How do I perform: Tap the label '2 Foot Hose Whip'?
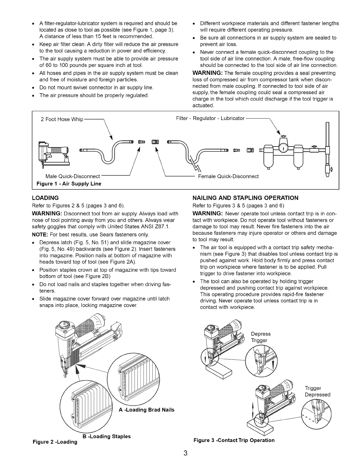(x=62, y=119)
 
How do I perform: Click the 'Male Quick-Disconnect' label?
(x=73, y=176)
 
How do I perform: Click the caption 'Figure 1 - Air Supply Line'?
(x=69, y=184)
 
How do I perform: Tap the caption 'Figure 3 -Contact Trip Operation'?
(x=234, y=440)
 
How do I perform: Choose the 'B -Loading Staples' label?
(x=107, y=436)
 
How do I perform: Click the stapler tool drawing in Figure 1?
(x=54, y=153)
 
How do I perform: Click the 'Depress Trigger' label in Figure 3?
(x=261, y=337)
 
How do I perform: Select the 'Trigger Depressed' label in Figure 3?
(x=317, y=391)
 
